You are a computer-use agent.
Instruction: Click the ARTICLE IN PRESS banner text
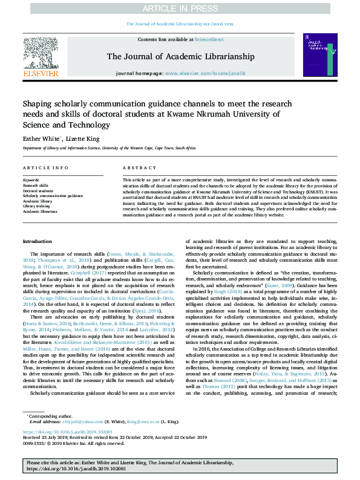180,8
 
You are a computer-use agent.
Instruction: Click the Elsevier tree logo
41,52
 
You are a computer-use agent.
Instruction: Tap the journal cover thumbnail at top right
320,54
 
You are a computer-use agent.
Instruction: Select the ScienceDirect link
209,39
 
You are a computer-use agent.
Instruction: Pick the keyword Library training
38,206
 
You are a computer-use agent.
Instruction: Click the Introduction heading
38,241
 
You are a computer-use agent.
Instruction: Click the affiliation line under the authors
109,148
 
